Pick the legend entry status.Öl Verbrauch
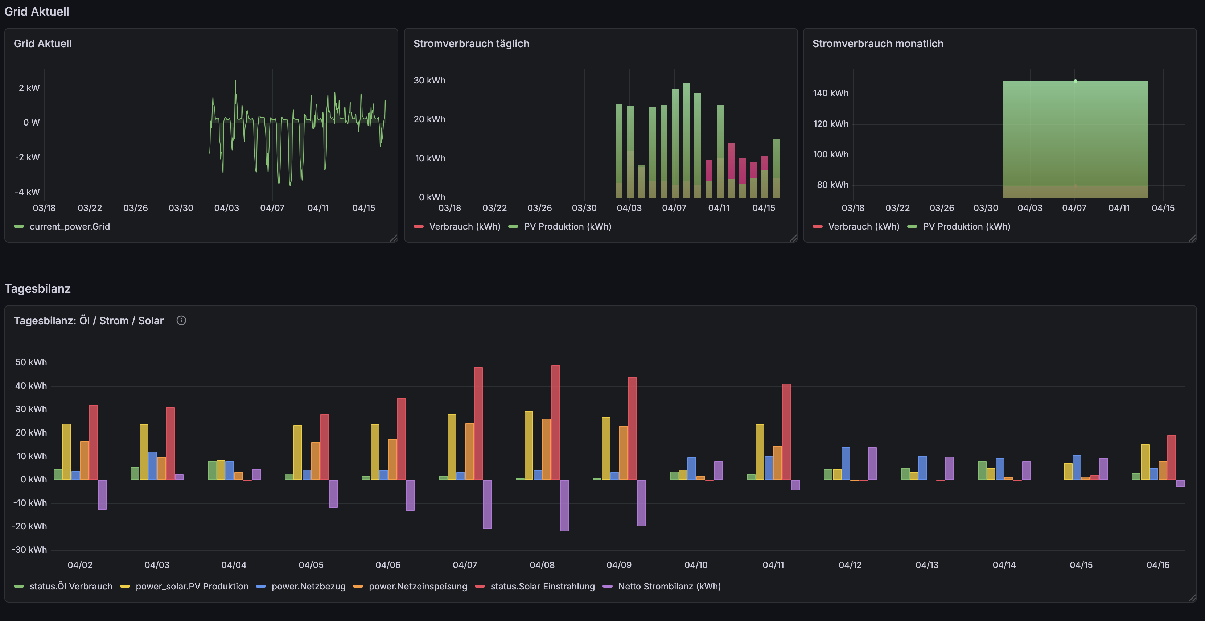pos(71,587)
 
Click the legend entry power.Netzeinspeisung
pos(417,587)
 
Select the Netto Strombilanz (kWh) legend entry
pos(669,587)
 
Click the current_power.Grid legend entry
pos(69,227)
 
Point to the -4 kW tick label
pos(27,192)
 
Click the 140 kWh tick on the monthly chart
pos(830,93)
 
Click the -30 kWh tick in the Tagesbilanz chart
pos(29,550)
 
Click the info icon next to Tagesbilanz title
pos(181,320)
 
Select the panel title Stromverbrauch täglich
pos(471,44)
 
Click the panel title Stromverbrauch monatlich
pos(877,44)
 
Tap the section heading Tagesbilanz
pos(37,288)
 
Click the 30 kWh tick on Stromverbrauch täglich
pos(429,81)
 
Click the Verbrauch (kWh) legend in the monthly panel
pos(863,227)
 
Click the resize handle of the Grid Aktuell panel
pos(394,238)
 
